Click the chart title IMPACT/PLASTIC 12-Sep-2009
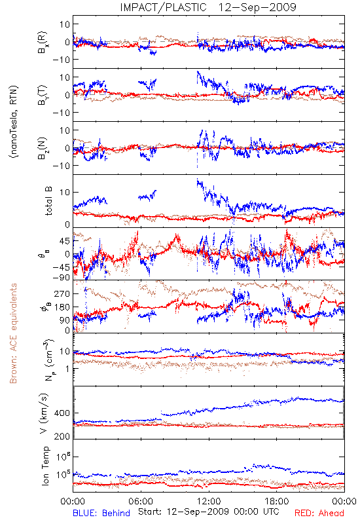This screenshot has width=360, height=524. pyautogui.click(x=208, y=7)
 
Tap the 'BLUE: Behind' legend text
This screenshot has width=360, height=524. pyautogui.click(x=101, y=513)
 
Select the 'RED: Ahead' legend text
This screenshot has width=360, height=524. pyautogui.click(x=319, y=513)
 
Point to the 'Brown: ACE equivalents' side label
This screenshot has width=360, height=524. pyautogui.click(x=13, y=333)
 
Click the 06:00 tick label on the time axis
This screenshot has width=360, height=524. pyautogui.click(x=141, y=501)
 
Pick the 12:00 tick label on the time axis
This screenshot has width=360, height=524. pyautogui.click(x=209, y=501)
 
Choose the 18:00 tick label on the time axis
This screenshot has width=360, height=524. pyautogui.click(x=277, y=501)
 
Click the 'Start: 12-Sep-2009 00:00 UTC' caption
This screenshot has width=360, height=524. pyautogui.click(x=209, y=512)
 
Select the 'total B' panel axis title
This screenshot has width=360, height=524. pyautogui.click(x=48, y=201)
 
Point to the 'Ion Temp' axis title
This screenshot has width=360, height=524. pyautogui.click(x=45, y=466)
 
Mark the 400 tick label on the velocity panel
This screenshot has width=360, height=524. pyautogui.click(x=62, y=413)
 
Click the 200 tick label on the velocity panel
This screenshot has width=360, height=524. pyautogui.click(x=62, y=436)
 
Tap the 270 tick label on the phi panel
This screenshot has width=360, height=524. pyautogui.click(x=62, y=293)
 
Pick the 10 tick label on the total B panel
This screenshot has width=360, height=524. pyautogui.click(x=65, y=192)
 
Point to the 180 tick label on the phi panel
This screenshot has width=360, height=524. pyautogui.click(x=62, y=307)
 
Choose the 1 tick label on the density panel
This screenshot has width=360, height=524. pyautogui.click(x=67, y=369)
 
